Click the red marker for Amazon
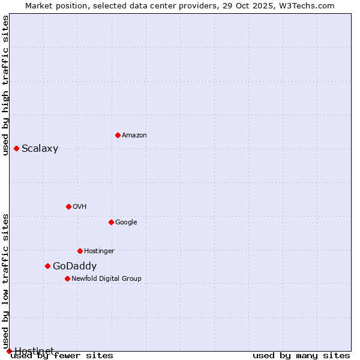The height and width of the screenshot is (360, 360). coord(118,135)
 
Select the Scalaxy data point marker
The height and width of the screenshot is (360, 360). coord(16,148)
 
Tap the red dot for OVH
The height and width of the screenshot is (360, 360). coord(68,206)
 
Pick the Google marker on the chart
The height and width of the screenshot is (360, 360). coord(111,222)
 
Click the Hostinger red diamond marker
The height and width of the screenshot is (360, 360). coord(80,251)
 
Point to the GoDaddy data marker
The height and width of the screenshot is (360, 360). coord(47,266)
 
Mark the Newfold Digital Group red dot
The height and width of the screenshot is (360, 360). coord(67,278)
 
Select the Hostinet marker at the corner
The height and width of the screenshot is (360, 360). coord(9,351)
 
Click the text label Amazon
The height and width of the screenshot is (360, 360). coord(134,136)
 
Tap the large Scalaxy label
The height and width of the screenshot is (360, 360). coord(40,149)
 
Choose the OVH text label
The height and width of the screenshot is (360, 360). coord(80,207)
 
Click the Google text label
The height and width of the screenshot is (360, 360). coord(126,223)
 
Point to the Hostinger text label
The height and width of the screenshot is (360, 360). coord(99,251)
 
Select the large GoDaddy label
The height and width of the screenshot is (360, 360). coord(74,266)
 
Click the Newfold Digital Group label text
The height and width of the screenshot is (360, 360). coord(106,279)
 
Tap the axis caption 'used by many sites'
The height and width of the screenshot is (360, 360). coord(301,356)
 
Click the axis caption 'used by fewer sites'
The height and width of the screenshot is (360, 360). coord(62,356)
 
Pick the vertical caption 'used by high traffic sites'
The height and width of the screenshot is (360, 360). coord(6,85)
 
